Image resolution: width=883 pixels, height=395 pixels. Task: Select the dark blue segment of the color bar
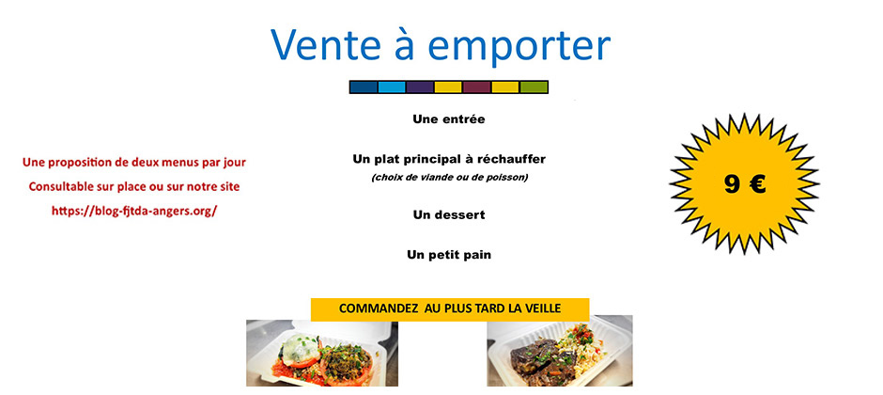click(x=364, y=87)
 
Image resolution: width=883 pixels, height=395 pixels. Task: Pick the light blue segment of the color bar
click(x=392, y=87)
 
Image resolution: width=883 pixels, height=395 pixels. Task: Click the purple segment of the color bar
click(x=420, y=87)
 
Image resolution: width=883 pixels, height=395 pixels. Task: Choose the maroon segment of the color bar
click(x=477, y=87)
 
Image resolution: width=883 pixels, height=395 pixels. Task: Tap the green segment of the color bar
click(x=534, y=87)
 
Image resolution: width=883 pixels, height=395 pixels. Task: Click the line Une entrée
click(x=448, y=119)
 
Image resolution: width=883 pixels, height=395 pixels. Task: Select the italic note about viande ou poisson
click(x=449, y=177)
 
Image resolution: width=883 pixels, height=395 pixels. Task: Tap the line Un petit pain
click(x=449, y=254)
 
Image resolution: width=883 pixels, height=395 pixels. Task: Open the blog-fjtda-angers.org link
click(x=134, y=211)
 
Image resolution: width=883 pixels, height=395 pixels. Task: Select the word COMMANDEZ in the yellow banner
click(x=379, y=308)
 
